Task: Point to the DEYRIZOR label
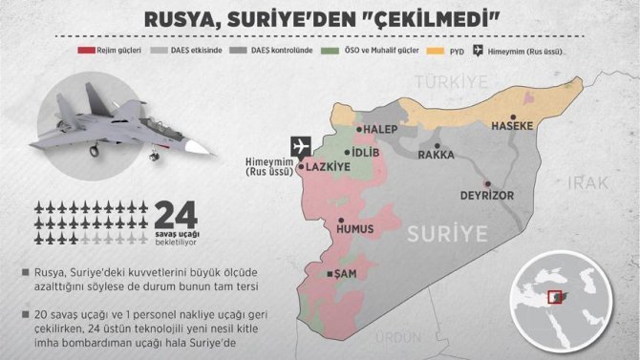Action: click(x=487, y=194)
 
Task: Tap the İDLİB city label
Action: click(x=367, y=153)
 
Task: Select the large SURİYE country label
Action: click(x=447, y=232)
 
